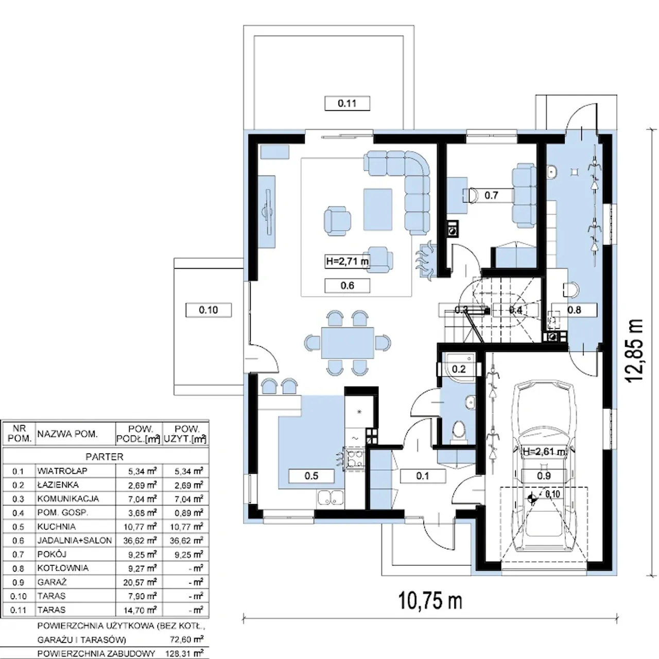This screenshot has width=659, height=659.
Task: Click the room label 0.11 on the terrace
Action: point(347,103)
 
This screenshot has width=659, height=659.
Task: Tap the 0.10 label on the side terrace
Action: point(209,310)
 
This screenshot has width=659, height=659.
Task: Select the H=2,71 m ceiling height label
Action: point(347,262)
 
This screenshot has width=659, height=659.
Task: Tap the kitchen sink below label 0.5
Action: point(331,497)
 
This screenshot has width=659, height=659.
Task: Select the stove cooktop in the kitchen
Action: point(355,459)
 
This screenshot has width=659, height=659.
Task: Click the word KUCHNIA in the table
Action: point(57,526)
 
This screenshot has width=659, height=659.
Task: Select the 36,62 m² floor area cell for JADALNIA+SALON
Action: point(140,541)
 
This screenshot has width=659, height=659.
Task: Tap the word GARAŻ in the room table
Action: point(52,582)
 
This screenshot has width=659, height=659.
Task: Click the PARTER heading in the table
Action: point(105,457)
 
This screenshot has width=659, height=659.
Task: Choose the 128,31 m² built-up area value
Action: point(185,653)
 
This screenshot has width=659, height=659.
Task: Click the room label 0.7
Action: point(491,195)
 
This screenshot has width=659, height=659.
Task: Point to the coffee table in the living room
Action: point(377,210)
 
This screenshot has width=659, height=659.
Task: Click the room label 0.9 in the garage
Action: point(544,476)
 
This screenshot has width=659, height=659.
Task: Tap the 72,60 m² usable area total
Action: point(187,639)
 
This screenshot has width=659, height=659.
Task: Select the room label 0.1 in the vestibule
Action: point(423,476)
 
